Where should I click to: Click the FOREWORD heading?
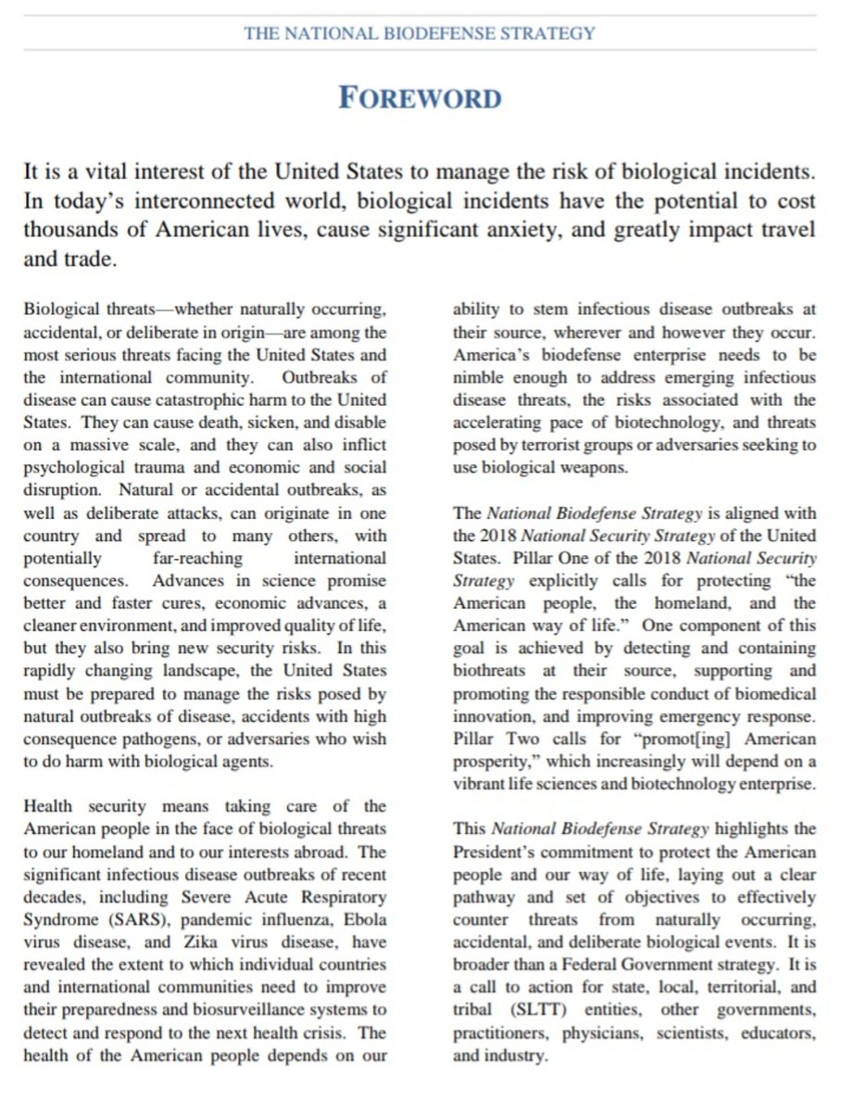(420, 98)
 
